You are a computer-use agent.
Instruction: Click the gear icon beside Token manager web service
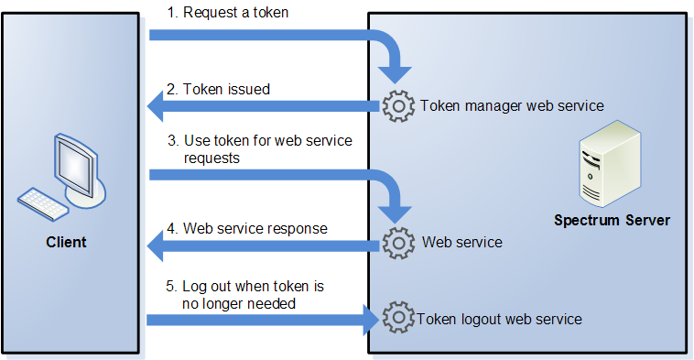pos(398,106)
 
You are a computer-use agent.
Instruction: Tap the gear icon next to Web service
pos(398,243)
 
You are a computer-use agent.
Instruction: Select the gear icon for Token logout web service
pos(398,319)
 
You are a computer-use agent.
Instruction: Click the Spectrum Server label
pos(612,221)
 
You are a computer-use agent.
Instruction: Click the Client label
pos(66,243)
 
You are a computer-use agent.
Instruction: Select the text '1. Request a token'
pos(225,13)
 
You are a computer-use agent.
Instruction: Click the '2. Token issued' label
pos(218,90)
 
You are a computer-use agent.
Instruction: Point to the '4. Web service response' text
pos(246,227)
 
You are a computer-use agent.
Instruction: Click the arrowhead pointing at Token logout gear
pos(370,320)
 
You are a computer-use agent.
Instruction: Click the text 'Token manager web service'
pos(512,105)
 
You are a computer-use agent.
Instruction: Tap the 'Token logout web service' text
pos(499,319)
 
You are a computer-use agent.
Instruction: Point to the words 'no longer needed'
pos(239,303)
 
